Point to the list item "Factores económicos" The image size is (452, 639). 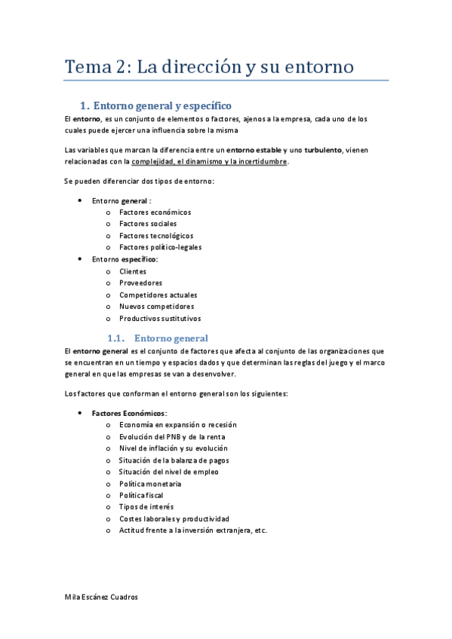[155, 212]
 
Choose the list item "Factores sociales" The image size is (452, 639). [148, 224]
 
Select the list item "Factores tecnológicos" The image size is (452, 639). [156, 236]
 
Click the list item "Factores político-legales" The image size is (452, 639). [160, 247]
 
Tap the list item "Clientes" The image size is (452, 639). [133, 271]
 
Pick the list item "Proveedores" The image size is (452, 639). [140, 283]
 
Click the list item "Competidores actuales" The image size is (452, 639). [158, 295]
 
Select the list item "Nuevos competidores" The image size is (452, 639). [156, 307]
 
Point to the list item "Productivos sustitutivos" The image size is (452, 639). [160, 318]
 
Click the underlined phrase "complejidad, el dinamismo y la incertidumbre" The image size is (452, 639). [209, 161]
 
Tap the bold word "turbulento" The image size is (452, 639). [323, 150]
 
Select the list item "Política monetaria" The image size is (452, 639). [150, 484]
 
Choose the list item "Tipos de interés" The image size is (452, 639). [146, 507]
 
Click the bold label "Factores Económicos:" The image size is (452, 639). [130, 413]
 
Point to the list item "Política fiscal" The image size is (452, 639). [141, 495]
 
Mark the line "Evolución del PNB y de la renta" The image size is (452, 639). [172, 436]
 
